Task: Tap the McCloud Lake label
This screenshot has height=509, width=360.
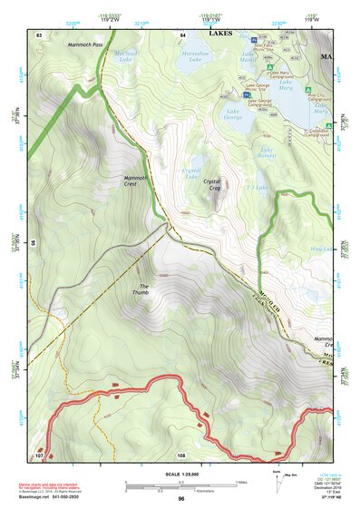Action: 125,57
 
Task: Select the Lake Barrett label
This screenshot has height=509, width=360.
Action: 268,152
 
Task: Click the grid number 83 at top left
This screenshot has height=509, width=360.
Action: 39,34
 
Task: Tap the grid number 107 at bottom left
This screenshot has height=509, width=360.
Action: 39,455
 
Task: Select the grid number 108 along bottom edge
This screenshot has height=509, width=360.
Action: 181,455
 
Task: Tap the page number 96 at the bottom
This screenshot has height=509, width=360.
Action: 181,499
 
